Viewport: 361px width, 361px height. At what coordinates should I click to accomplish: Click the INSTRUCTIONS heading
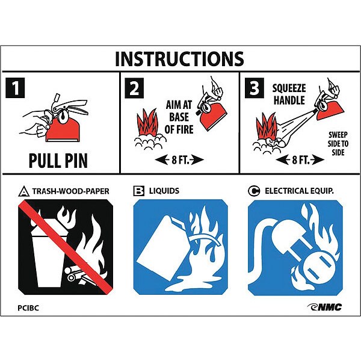[179, 59]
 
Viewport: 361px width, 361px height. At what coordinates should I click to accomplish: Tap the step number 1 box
[15, 88]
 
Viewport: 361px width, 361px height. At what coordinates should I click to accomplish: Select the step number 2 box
[134, 88]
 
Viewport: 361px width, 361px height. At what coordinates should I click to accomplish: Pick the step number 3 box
[254, 88]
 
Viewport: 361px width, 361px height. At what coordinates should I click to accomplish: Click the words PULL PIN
[58, 161]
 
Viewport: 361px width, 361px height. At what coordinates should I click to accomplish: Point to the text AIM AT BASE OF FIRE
[179, 117]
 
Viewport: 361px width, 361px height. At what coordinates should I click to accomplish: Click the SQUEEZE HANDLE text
[289, 94]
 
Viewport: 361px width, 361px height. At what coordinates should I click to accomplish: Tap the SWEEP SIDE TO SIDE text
[338, 143]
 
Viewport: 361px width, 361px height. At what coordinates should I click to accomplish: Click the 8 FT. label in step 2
[179, 159]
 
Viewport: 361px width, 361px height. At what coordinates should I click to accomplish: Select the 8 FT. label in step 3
[300, 159]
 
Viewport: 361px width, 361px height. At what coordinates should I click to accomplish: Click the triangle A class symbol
[23, 191]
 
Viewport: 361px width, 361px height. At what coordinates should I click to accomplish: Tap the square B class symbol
[139, 191]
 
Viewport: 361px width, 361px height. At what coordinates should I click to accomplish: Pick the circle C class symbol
[254, 191]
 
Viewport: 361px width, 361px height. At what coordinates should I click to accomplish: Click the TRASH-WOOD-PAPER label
[70, 191]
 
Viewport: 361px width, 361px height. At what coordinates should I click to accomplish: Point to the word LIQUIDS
[164, 191]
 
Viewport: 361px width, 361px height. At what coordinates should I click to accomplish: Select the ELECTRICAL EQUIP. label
[299, 191]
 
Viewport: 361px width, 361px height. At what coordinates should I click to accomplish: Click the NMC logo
[324, 307]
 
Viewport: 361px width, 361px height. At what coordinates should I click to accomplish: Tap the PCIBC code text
[28, 308]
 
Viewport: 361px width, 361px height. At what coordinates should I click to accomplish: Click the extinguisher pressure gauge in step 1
[63, 117]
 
